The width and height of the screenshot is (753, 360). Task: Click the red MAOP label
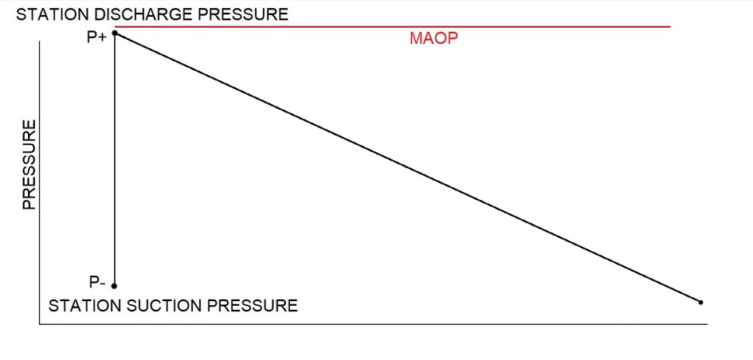[434, 39]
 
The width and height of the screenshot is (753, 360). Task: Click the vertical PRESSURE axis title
[29, 165]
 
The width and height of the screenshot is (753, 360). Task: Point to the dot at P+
[116, 33]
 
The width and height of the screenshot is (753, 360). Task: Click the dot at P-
[115, 286]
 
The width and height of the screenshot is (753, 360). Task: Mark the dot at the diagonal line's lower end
[700, 303]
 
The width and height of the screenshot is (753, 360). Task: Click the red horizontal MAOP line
[398, 27]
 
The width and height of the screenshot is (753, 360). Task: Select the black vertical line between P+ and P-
[115, 159]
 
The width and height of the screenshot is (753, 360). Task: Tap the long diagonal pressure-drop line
[408, 168]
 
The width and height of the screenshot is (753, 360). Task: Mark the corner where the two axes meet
[39, 323]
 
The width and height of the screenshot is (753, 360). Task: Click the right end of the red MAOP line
[669, 27]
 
